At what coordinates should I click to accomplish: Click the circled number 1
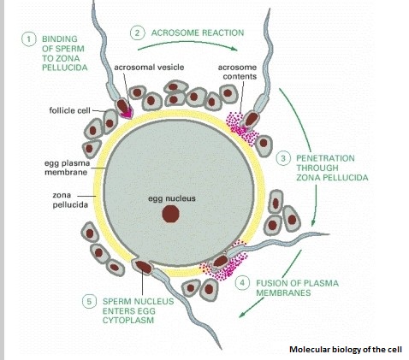[29, 38]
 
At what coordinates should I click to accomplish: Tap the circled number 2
[137, 32]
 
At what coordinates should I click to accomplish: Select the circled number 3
[283, 158]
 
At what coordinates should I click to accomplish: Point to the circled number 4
[242, 283]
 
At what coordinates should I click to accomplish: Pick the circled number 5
[89, 301]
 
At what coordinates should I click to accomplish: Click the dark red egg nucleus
[170, 214]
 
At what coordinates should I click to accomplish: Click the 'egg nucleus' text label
[172, 198]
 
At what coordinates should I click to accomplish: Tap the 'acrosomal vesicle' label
[149, 68]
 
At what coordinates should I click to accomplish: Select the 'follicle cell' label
[69, 110]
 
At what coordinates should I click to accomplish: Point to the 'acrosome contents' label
[237, 72]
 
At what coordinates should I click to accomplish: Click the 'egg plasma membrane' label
[67, 168]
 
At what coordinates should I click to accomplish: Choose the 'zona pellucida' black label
[70, 200]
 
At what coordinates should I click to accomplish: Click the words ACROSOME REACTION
[198, 32]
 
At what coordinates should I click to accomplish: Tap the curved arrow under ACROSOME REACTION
[187, 43]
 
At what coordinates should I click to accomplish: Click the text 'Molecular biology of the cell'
[346, 350]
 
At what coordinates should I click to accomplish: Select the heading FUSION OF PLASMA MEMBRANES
[297, 288]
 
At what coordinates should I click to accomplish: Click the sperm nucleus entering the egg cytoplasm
[143, 267]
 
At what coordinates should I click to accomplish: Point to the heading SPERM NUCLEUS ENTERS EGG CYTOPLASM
[138, 310]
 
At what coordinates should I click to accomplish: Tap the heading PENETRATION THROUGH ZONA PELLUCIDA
[332, 168]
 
